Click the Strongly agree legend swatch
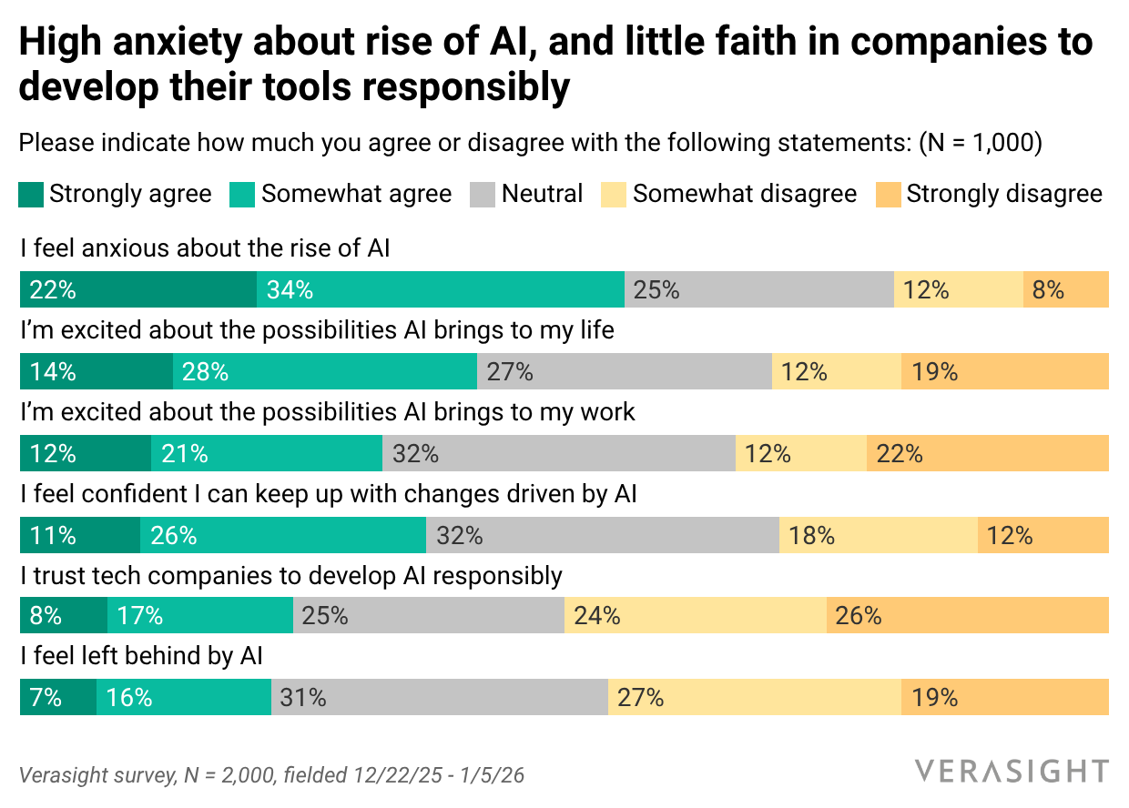click(x=31, y=195)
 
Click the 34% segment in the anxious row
click(x=441, y=289)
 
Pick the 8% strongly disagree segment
click(x=1066, y=289)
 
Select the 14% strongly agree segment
click(x=97, y=371)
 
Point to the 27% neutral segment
click(x=625, y=371)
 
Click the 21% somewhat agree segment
click(x=267, y=453)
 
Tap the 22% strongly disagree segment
click(x=988, y=453)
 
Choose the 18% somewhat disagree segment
click(x=879, y=535)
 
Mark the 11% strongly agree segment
click(x=80, y=535)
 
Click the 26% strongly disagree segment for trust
click(x=968, y=615)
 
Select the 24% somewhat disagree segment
click(x=696, y=615)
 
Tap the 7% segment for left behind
click(x=58, y=697)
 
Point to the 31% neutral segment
click(x=440, y=697)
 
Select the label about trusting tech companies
click(x=291, y=575)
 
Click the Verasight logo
click(x=1012, y=771)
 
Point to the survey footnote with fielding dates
click(x=272, y=775)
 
